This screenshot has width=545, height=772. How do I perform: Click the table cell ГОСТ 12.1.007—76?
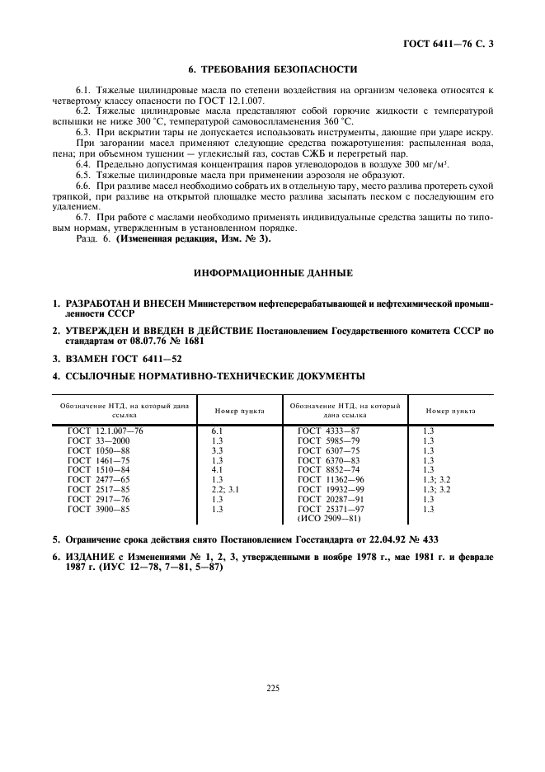(106, 431)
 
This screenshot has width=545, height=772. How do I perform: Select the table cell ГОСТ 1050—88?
(100, 451)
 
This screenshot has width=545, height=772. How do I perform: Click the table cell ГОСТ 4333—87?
(328, 431)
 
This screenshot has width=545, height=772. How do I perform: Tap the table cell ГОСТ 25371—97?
(331, 510)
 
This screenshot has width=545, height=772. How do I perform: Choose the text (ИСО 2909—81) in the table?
(328, 520)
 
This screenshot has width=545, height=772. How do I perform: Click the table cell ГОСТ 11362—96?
(331, 480)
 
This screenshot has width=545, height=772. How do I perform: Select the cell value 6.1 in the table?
(218, 431)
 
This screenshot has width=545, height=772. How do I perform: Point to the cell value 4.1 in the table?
(218, 470)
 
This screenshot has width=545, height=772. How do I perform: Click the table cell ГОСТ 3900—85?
(100, 510)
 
